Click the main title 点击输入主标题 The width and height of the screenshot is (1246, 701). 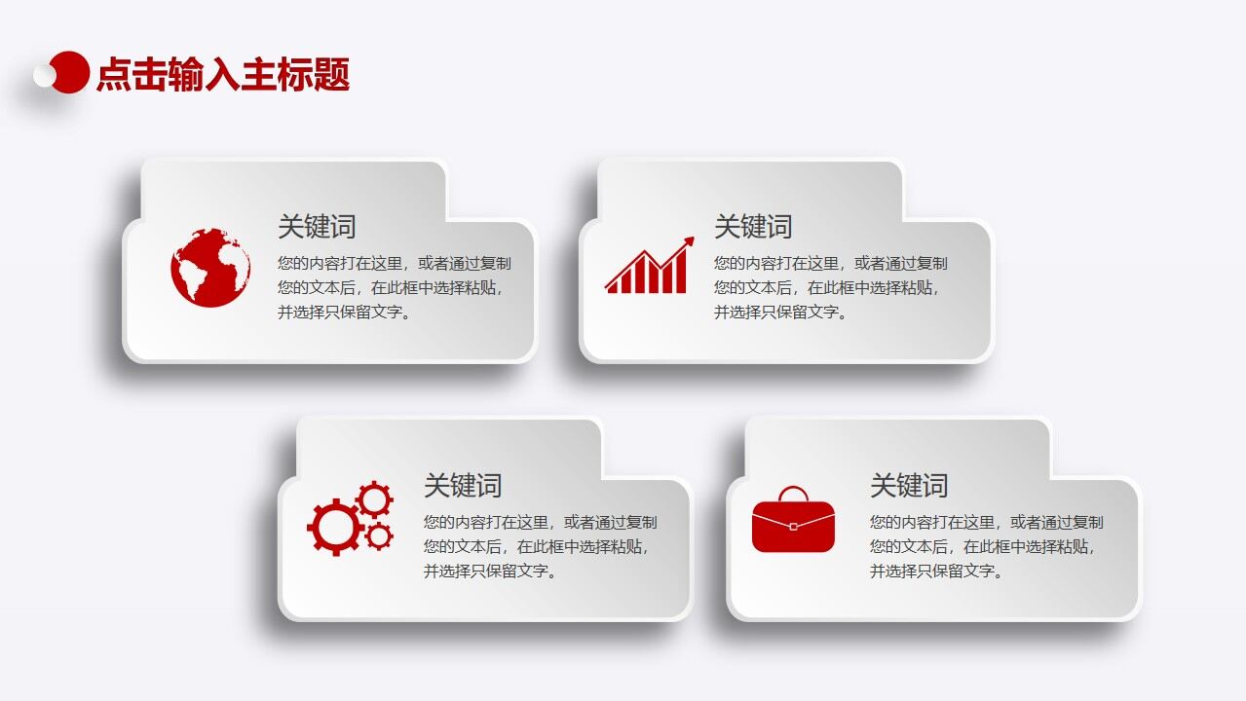223,75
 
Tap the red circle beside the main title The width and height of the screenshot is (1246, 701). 70,72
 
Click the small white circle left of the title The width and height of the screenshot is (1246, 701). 45,75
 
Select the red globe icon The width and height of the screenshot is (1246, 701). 210,268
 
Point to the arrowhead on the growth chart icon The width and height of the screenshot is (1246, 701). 689,241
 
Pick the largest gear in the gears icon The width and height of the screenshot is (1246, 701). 334,527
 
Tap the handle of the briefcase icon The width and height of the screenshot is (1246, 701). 793,493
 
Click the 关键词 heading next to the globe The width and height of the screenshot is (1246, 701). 317,227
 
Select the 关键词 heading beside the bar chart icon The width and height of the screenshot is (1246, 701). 753,227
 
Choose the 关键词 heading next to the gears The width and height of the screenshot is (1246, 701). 463,485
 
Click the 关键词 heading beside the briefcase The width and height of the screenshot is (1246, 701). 909,485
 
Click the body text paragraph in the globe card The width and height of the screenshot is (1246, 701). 394,287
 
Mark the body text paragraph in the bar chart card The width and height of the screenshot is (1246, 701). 830,287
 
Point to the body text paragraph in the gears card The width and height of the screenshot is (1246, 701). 540,546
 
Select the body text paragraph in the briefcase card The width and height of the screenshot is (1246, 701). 986,546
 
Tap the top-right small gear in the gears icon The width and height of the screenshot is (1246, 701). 374,499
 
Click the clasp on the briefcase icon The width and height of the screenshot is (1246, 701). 793,526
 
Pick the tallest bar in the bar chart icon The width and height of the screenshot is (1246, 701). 679,272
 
